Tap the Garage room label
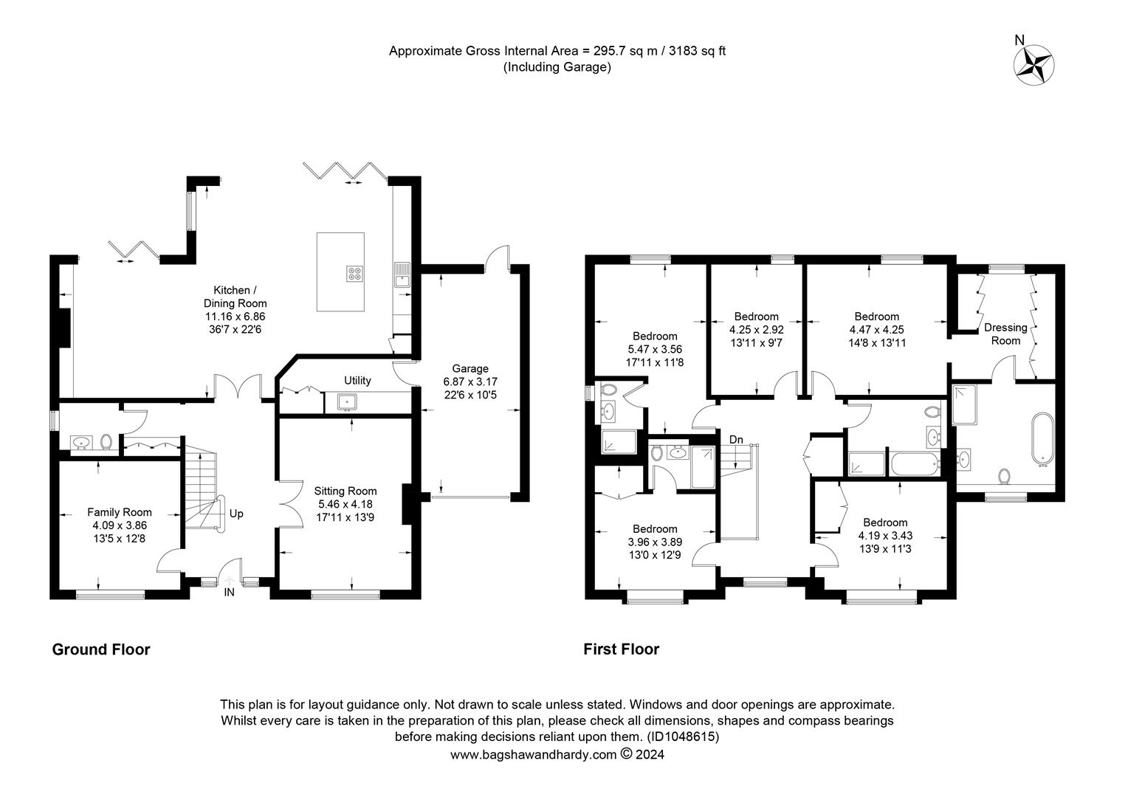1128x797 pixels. [470, 368]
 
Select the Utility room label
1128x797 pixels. [357, 381]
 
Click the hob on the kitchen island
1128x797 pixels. [355, 273]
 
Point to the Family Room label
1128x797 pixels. [120, 512]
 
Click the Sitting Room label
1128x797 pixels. [345, 491]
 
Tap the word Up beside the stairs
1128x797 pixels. [236, 514]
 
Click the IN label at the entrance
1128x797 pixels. [229, 592]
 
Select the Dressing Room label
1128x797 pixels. [1005, 334]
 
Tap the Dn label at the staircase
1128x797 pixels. [736, 440]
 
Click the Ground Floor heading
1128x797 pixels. [101, 649]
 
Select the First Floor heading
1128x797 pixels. [622, 649]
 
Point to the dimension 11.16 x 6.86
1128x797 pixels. [235, 317]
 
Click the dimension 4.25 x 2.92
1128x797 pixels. [757, 330]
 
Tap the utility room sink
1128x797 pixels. [346, 401]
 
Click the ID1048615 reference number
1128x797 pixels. [682, 736]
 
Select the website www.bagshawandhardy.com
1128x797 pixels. [533, 755]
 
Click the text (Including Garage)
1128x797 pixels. [557, 67]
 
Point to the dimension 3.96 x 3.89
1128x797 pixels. [655, 542]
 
